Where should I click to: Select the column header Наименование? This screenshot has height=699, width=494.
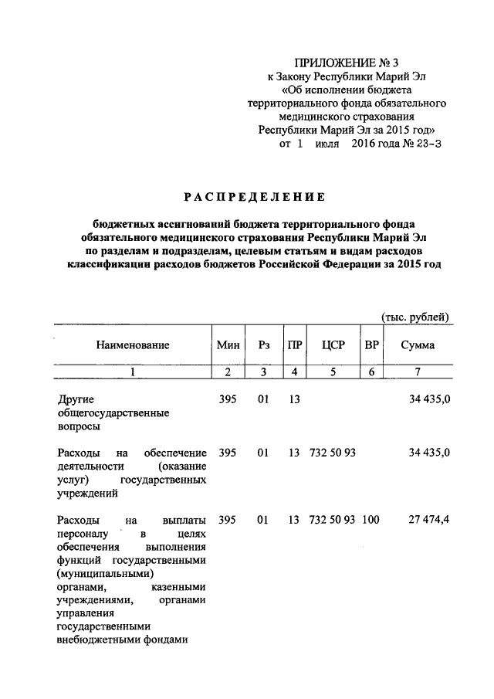click(x=132, y=345)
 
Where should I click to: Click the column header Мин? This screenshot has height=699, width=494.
click(x=228, y=345)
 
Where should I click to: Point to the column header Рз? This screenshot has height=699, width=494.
click(x=264, y=345)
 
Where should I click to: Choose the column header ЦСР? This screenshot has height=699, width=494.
click(x=333, y=345)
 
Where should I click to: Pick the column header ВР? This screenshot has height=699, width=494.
click(x=371, y=345)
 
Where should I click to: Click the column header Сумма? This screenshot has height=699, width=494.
click(x=417, y=345)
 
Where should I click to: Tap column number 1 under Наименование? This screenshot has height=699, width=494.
click(x=132, y=373)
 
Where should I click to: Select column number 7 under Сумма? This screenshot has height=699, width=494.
click(x=417, y=373)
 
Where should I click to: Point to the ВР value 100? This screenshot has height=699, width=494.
click(x=370, y=520)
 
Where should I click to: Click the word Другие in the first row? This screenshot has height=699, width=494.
click(x=76, y=399)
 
